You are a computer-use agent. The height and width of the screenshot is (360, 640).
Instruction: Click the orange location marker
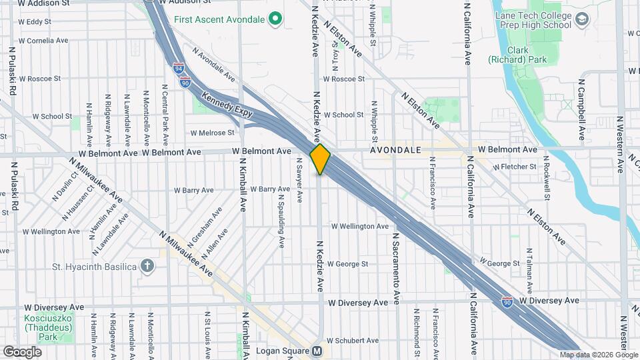click(x=320, y=159)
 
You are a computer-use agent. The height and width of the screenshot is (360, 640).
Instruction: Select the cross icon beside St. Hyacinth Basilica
click(x=147, y=267)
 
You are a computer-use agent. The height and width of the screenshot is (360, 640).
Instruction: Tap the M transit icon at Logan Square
click(x=317, y=351)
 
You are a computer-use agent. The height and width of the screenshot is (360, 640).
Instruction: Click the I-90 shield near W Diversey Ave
click(x=507, y=301)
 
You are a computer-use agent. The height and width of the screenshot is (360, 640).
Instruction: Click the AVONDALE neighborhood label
click(x=396, y=150)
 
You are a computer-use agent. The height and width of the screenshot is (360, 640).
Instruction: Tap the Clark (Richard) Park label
click(x=527, y=55)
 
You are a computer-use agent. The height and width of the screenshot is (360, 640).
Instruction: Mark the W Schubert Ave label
click(x=352, y=339)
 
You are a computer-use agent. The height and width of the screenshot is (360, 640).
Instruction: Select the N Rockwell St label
click(x=545, y=179)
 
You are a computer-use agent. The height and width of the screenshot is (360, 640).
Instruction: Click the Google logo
click(x=22, y=351)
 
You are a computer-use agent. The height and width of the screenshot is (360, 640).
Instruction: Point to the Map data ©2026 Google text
click(x=599, y=355)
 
